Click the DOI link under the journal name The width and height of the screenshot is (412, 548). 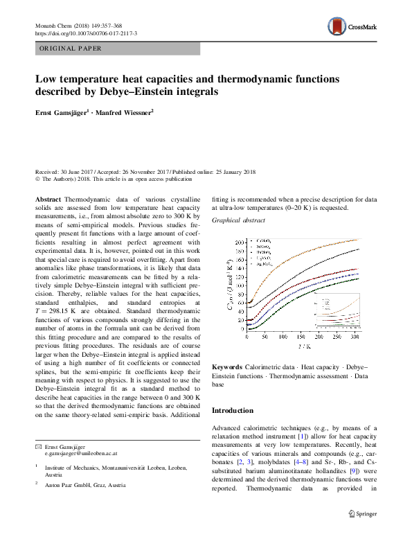86,33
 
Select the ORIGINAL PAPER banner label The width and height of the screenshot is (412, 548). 71,48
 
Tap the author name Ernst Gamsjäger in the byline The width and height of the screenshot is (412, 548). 60,112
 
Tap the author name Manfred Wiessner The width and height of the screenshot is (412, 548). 125,112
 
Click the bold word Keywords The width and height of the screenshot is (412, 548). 226,366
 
